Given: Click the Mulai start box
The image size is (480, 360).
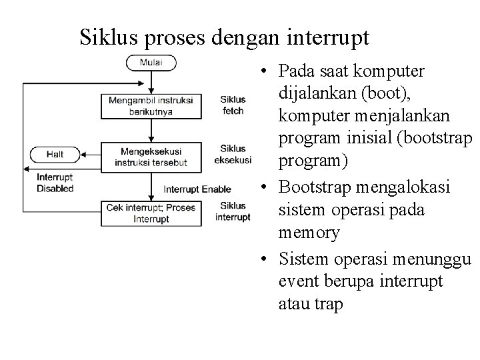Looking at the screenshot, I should pyautogui.click(x=151, y=63).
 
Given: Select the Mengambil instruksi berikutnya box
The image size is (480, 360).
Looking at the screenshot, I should pyautogui.click(x=151, y=105).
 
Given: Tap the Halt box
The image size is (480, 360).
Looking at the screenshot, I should pyautogui.click(x=55, y=154).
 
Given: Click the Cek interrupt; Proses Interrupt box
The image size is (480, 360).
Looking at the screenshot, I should pyautogui.click(x=151, y=213).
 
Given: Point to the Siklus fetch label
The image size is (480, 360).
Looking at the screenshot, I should pyautogui.click(x=233, y=105).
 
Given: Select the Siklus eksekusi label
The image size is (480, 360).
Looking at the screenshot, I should pyautogui.click(x=233, y=154).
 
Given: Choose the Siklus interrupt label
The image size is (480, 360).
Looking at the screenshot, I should pyautogui.click(x=233, y=211).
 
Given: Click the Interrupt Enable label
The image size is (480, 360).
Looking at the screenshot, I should pyautogui.click(x=197, y=189).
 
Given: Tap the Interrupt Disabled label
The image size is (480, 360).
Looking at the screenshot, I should pyautogui.click(x=55, y=183).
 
